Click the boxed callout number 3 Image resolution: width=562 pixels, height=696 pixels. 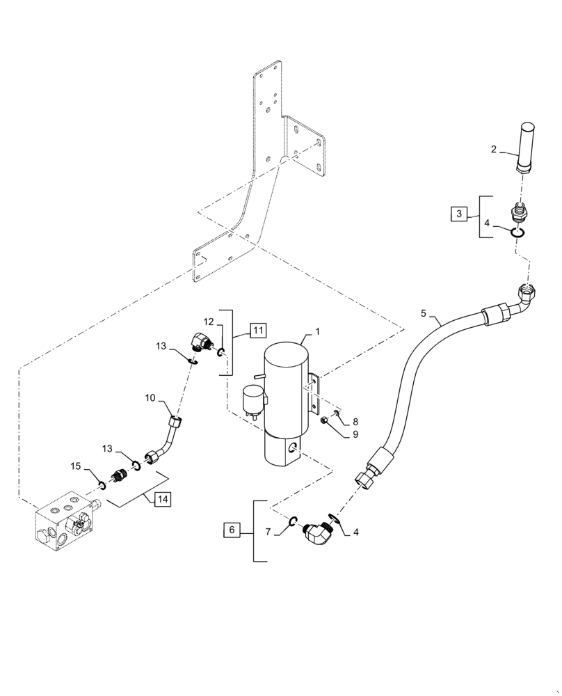pyautogui.click(x=458, y=214)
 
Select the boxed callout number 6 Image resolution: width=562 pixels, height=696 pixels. pyautogui.click(x=232, y=531)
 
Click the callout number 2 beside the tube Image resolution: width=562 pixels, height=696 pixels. pyautogui.click(x=493, y=149)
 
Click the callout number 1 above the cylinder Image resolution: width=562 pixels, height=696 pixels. pyautogui.click(x=317, y=332)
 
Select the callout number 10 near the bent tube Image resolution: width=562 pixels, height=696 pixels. pyautogui.click(x=150, y=397)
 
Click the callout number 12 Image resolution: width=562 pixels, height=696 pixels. pyautogui.click(x=209, y=321)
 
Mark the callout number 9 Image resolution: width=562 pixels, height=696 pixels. pyautogui.click(x=355, y=434)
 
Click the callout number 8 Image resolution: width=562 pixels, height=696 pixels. pyautogui.click(x=355, y=421)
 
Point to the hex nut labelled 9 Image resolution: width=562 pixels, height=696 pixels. pyautogui.click(x=325, y=420)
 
